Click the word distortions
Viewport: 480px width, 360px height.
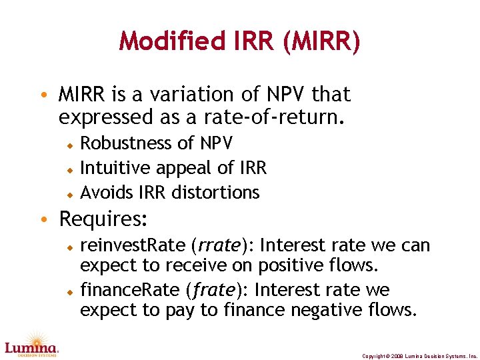[x=215, y=193]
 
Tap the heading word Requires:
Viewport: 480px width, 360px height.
[x=104, y=219]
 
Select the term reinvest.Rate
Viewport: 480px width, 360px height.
[x=133, y=246]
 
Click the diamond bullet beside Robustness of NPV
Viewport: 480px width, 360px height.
[x=69, y=144]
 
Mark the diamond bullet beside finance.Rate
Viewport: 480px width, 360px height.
[x=69, y=291]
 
